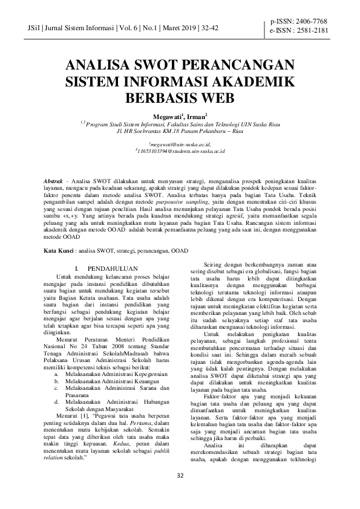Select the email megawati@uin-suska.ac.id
(180, 145)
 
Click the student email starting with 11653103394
(180, 152)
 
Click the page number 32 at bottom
(180, 491)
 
